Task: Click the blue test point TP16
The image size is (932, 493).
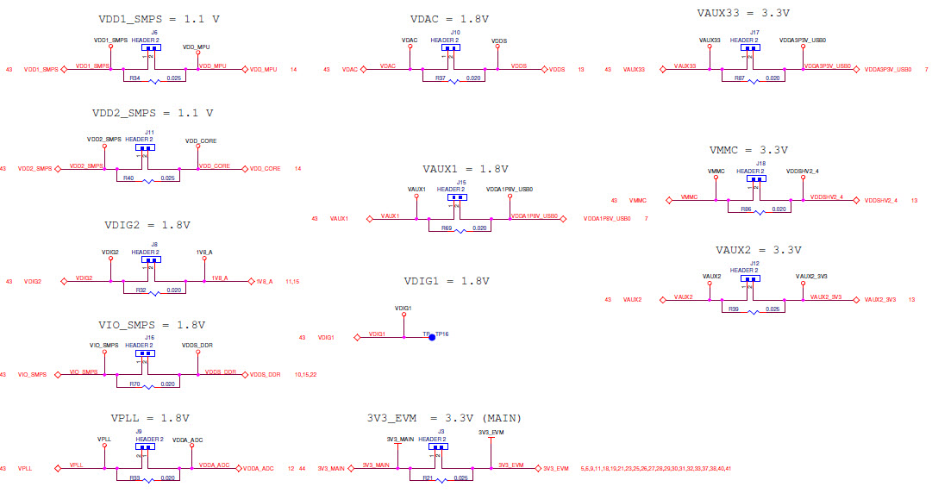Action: point(432,338)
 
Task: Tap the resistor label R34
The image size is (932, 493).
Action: point(134,78)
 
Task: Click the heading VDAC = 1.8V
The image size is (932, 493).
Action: point(449,18)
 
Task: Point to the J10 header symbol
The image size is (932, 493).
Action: point(451,47)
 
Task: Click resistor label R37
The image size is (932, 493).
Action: point(440,78)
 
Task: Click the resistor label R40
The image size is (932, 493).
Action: point(128,178)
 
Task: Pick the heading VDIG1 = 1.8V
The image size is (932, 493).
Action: point(446,281)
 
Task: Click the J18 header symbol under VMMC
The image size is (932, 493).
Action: point(757,179)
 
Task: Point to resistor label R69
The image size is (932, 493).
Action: point(446,228)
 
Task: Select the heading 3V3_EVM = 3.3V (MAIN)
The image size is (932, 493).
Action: point(443,418)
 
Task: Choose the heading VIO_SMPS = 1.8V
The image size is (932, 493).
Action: point(152,325)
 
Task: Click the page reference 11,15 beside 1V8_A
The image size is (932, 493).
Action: point(291,281)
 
